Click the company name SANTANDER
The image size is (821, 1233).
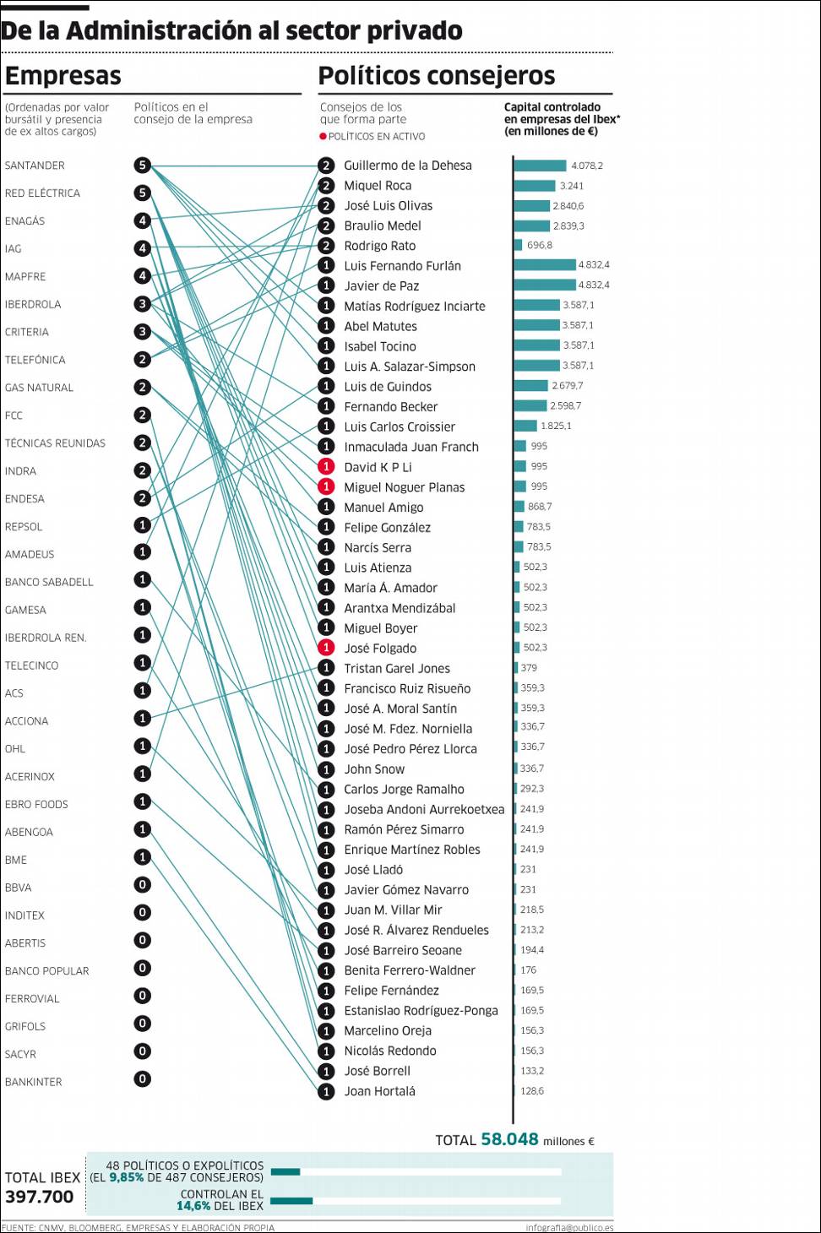[x=35, y=166]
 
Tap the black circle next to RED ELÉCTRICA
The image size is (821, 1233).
[x=143, y=193]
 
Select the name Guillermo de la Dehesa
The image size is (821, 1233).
[x=407, y=166]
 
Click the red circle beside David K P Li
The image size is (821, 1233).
[x=326, y=467]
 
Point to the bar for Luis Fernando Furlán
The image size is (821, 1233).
[x=545, y=265]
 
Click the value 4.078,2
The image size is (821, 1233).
[x=587, y=166]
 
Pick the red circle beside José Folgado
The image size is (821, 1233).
[x=326, y=648]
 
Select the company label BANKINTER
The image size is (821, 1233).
[x=34, y=1082]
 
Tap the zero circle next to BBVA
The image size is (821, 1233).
[x=143, y=885]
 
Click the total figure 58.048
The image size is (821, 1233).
[x=509, y=1139]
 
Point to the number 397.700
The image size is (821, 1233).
[x=40, y=1197]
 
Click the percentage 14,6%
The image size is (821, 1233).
[x=193, y=1206]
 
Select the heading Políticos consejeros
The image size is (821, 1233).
[x=437, y=76]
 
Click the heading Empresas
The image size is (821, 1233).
[x=63, y=76]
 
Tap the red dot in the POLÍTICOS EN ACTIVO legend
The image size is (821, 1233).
[x=323, y=137]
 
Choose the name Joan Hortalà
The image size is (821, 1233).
[x=379, y=1091]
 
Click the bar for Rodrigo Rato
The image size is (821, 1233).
[x=518, y=245]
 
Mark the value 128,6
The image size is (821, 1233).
[x=532, y=1091]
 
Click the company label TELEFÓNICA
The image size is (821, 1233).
[x=35, y=360]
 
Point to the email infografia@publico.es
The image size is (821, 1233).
[x=569, y=1227]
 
